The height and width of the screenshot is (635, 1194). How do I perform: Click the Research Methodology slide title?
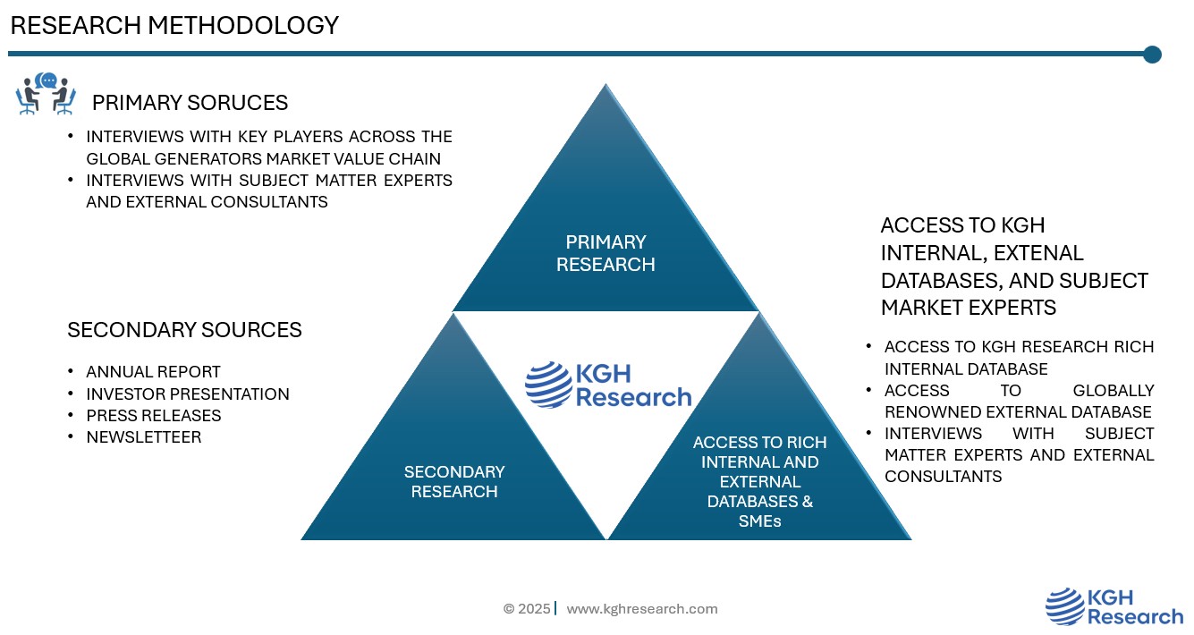174,26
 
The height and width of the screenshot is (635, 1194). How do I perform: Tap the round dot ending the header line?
1152,55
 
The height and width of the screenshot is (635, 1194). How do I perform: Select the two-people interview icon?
46,94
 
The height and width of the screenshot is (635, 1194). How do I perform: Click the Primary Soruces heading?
190,103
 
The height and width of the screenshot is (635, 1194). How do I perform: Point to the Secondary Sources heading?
184,330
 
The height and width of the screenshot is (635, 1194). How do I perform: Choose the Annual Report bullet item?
153,372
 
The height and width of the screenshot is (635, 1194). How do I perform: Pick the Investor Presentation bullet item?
188,394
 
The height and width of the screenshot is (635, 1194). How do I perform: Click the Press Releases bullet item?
154,415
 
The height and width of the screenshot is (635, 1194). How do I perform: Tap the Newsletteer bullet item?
144,437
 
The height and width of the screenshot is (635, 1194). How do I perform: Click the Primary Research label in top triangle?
605,253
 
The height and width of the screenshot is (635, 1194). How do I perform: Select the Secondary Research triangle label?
454,481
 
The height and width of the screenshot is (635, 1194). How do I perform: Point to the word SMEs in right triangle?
759,521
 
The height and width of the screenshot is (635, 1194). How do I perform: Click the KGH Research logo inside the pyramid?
608,385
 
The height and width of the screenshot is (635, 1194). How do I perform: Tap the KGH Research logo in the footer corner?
1114,606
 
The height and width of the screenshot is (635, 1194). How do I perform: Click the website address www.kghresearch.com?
642,609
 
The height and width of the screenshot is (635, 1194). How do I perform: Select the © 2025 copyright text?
527,609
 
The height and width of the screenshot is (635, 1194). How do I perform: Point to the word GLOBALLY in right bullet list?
1113,391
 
